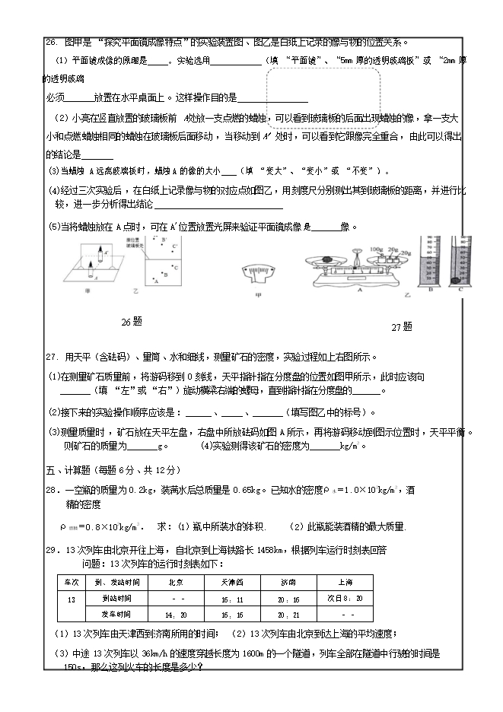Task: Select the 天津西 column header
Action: pos(231,582)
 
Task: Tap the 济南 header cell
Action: pos(287,582)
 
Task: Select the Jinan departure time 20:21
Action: pos(287,614)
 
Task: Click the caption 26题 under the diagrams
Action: pos(132,322)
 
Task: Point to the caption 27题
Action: pos(401,326)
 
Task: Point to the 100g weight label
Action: pos(375,248)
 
